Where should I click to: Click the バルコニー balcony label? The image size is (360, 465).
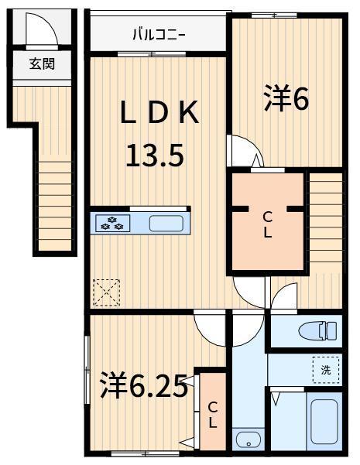(x=159, y=35)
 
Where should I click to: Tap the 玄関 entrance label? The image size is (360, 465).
(x=42, y=63)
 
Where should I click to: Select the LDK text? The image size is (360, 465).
(x=159, y=112)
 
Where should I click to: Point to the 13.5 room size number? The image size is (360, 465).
(x=155, y=155)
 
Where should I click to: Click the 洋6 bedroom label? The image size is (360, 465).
(x=286, y=97)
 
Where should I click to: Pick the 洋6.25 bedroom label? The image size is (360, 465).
(x=144, y=385)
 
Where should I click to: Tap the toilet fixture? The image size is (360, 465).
(x=317, y=330)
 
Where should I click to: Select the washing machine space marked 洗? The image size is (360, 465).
(x=326, y=370)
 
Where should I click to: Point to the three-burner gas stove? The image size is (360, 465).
(x=112, y=223)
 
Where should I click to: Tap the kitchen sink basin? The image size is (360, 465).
(x=166, y=224)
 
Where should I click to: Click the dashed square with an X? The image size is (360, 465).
(x=107, y=292)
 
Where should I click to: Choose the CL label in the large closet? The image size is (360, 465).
(x=268, y=225)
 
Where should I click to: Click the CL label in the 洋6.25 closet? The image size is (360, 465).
(x=212, y=415)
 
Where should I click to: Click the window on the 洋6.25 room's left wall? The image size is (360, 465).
(x=87, y=370)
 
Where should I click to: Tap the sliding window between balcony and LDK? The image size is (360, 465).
(x=152, y=54)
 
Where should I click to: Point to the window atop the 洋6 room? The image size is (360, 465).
(x=274, y=15)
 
